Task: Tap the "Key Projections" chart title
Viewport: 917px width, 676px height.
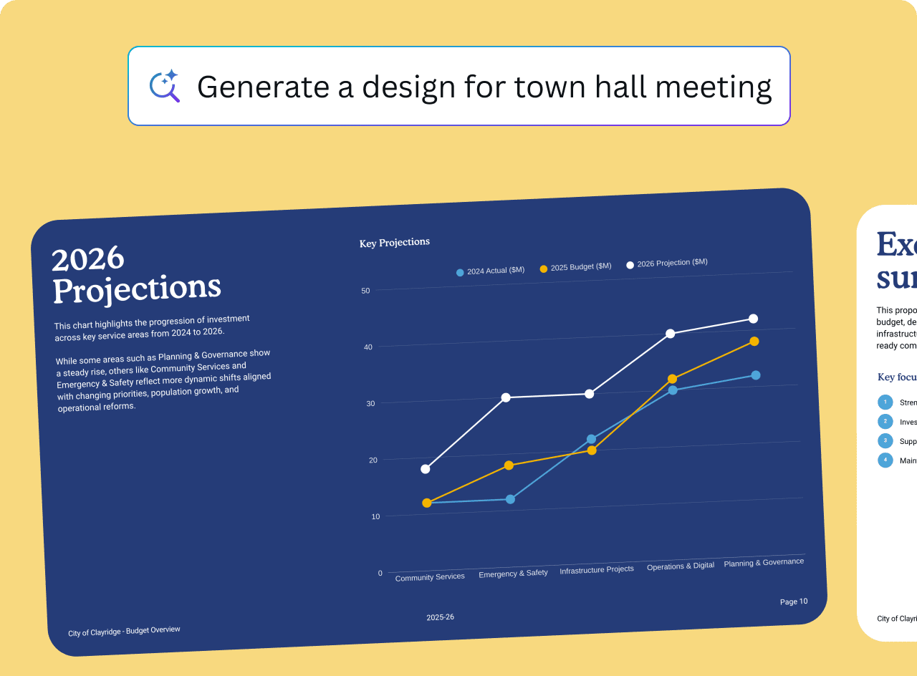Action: click(x=395, y=243)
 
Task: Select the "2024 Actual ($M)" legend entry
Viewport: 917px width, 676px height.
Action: click(x=491, y=271)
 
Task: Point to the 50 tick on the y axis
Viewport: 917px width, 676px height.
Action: click(x=365, y=291)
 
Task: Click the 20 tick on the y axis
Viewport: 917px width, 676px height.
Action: click(x=372, y=460)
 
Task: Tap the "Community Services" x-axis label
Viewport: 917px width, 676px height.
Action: click(x=430, y=577)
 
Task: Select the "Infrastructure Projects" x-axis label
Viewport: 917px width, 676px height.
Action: click(x=597, y=570)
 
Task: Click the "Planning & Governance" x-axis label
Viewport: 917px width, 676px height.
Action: click(x=764, y=562)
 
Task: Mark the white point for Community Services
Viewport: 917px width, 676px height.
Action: click(x=426, y=469)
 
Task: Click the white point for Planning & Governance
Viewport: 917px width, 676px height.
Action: click(x=753, y=319)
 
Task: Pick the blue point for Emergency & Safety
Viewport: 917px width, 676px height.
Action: click(x=510, y=499)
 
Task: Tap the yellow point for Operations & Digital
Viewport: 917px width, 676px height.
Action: click(x=672, y=379)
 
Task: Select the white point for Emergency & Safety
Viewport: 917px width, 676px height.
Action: click(x=506, y=397)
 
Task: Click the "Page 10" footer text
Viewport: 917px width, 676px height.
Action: click(x=794, y=602)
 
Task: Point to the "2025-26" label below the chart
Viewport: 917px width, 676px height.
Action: click(x=440, y=617)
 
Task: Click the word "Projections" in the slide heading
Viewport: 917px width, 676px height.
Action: click(x=137, y=288)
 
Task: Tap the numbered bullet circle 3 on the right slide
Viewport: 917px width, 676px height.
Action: click(x=885, y=440)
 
